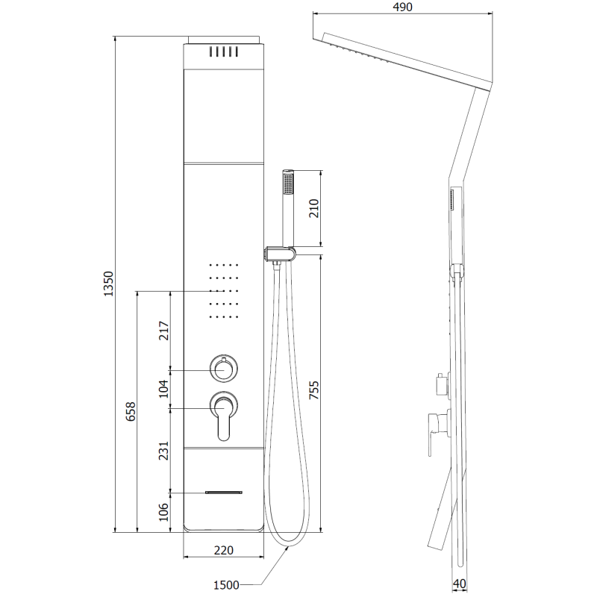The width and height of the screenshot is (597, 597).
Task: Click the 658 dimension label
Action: [x=131, y=412]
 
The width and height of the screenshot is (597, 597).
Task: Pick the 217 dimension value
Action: [x=166, y=331]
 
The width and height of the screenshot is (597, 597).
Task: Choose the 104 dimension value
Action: [x=166, y=388]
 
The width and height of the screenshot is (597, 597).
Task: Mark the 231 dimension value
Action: [x=166, y=450]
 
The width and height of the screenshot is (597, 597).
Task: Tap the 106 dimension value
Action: [x=166, y=512]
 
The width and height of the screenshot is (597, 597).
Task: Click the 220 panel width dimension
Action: [x=224, y=551]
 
